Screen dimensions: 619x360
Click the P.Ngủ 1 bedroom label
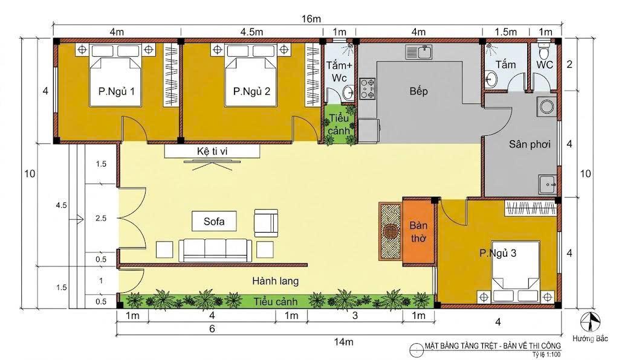click(117, 91)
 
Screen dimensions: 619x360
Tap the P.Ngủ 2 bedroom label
click(251, 91)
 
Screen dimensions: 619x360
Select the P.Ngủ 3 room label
click(498, 253)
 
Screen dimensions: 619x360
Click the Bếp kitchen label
click(418, 91)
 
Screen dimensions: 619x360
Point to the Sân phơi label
click(530, 144)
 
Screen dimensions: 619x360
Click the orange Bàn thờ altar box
click(418, 231)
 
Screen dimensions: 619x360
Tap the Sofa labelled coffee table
click(215, 221)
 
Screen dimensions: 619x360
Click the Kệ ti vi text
click(212, 152)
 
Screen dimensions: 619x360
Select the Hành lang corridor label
click(276, 281)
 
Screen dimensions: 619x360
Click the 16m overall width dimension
click(311, 19)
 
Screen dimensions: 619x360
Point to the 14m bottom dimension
click(343, 341)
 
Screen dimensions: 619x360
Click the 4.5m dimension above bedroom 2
click(252, 32)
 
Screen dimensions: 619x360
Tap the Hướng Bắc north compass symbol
click(590, 322)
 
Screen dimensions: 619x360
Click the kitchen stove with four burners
click(367, 89)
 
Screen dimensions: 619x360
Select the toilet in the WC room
click(545, 51)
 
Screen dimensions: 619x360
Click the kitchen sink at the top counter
click(419, 52)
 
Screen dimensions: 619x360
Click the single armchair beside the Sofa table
click(266, 223)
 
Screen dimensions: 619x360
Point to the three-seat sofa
click(215, 250)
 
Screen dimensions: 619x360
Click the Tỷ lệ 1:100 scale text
click(546, 354)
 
